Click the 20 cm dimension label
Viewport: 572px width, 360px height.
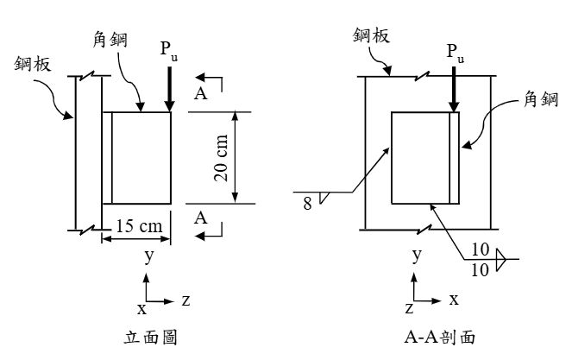221,158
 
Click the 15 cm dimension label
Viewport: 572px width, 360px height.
139,226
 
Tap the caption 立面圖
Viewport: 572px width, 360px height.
151,337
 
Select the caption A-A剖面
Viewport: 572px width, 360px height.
440,337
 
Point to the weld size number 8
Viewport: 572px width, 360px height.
307,204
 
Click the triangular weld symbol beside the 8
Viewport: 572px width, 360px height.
324,198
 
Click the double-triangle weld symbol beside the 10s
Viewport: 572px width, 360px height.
501,259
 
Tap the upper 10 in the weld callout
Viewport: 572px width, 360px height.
480,249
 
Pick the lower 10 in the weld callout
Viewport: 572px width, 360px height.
480,270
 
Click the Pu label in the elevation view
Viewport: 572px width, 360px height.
169,50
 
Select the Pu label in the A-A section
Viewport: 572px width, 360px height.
456,53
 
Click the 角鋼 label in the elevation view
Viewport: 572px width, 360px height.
110,40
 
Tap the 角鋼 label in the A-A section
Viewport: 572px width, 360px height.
541,98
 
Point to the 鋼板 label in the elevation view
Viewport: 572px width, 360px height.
33,64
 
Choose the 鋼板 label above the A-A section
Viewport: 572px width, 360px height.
371,35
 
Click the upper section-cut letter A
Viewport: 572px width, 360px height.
201,94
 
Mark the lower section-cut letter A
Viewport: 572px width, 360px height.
201,218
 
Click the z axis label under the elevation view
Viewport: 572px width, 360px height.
186,300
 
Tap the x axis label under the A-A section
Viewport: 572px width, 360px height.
454,300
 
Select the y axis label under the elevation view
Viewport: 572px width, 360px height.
149,256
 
